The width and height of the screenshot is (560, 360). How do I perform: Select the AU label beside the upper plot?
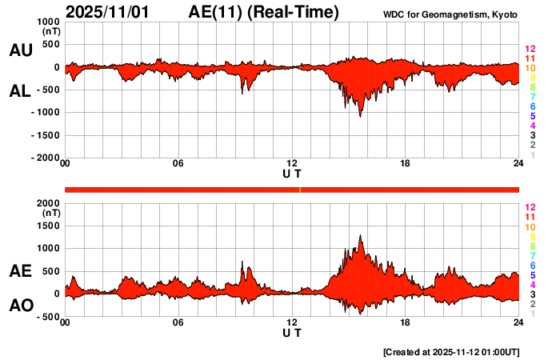pos(20,50)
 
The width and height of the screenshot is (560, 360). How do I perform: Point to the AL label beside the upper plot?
pos(20,91)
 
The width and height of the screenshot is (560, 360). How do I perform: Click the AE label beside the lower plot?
pos(20,271)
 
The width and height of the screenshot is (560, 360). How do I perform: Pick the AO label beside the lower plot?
pos(20,306)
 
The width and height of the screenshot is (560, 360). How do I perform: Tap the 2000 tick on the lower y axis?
pos(48,203)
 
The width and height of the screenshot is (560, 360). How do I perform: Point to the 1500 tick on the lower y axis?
pos(48,226)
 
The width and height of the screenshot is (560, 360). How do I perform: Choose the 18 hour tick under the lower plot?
pos(406,322)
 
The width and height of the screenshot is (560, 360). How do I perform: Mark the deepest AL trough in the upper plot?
pos(361,117)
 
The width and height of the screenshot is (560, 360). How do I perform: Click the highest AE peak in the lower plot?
pos(361,235)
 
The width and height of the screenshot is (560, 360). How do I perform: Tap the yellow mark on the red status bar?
pos(300,189)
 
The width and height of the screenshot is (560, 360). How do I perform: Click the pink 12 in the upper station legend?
pos(530,50)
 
